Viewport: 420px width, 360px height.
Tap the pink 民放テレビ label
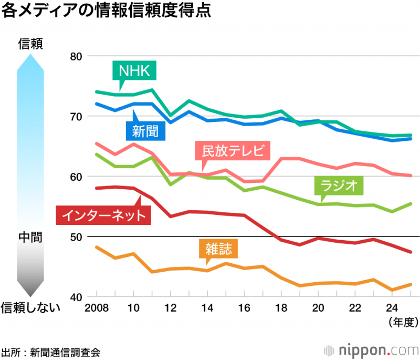232,151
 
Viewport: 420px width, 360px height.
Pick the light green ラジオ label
339,186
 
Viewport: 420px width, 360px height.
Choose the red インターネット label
103,214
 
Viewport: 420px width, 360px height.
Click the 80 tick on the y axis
77,56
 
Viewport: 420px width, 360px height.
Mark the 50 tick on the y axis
77,236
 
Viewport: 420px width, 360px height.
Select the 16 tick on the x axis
244,307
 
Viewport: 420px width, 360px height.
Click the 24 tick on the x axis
392,307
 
